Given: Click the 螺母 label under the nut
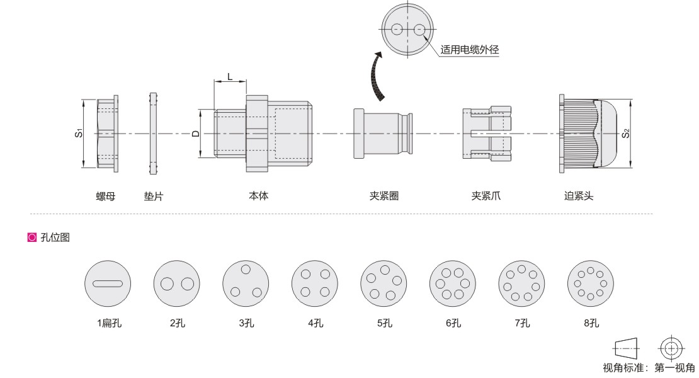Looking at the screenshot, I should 105,196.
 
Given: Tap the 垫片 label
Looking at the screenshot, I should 154,196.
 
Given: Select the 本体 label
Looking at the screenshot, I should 258,196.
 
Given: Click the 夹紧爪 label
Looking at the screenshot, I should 486,196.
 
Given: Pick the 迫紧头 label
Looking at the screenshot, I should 579,196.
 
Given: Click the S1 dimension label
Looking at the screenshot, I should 78,133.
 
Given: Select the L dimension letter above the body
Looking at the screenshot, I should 229,76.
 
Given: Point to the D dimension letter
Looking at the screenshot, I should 195,134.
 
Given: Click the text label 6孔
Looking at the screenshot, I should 453,323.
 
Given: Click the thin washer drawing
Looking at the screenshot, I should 153,134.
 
